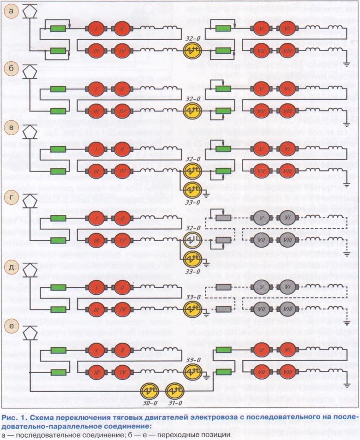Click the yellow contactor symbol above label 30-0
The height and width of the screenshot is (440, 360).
pos(150,392)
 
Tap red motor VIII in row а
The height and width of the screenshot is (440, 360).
pos(288,50)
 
